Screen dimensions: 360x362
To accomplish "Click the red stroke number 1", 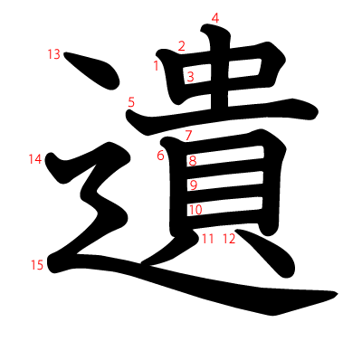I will click(157, 65).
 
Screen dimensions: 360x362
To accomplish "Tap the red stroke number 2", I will click(181, 46).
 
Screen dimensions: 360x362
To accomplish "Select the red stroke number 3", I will click(190, 77).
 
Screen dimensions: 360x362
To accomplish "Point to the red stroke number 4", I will click(214, 18).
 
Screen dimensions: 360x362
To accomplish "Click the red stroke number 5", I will click(131, 102).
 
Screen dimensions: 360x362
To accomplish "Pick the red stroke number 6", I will click(160, 156).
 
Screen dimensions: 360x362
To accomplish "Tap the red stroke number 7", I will click(188, 136).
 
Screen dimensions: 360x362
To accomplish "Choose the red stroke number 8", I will click(192, 161).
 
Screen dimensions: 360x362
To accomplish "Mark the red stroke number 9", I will click(193, 185).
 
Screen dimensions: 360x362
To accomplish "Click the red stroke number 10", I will click(195, 210).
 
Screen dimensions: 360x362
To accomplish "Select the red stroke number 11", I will click(208, 239).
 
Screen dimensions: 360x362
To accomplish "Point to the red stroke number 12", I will click(228, 239).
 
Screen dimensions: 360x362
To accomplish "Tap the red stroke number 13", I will click(53, 54).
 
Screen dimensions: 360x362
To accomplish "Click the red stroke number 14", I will click(35, 159).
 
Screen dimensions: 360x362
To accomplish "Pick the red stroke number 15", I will click(36, 265).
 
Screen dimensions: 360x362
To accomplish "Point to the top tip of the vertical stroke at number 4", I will click(210, 33).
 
